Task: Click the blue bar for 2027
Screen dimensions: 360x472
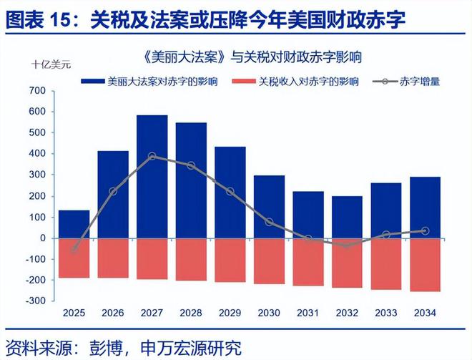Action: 152,176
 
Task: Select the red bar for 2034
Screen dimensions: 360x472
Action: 425,264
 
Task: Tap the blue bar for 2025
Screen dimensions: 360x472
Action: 74,224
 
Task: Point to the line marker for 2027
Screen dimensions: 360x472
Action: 152,156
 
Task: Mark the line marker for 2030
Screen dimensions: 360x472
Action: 269,222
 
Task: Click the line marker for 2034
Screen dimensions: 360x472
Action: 425,231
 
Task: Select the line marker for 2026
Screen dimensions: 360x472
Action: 113,191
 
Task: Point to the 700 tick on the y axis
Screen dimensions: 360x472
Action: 37,92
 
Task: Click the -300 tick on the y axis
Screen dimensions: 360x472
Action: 34,301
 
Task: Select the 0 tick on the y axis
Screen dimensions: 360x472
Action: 42,238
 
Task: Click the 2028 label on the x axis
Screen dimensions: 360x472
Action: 191,313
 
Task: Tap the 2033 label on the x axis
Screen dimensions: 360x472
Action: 386,313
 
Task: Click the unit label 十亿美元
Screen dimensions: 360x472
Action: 51,64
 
